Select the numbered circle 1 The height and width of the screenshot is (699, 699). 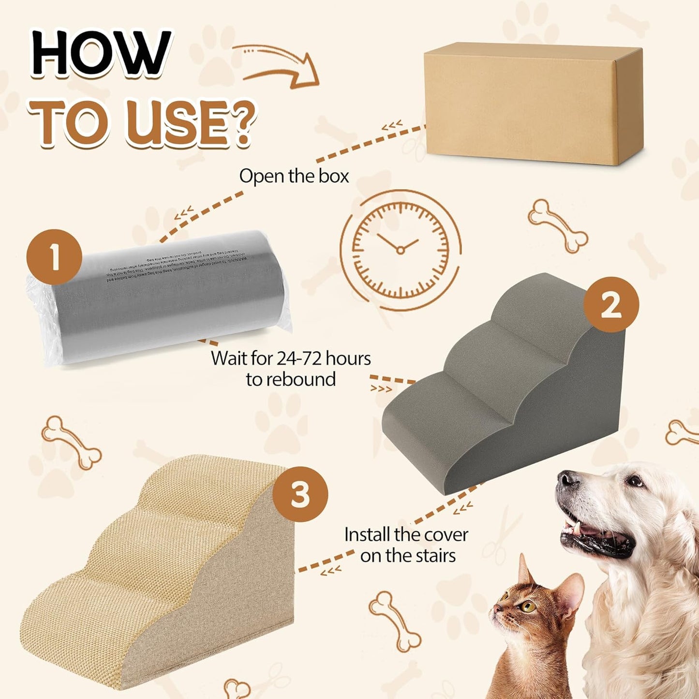[54, 257]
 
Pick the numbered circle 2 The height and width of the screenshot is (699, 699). [611, 305]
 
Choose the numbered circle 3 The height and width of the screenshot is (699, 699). [300, 494]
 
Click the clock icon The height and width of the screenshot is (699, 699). [401, 250]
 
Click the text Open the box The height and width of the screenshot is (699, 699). [294, 176]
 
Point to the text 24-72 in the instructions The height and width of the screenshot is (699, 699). [299, 358]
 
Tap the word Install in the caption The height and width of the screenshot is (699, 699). [367, 535]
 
